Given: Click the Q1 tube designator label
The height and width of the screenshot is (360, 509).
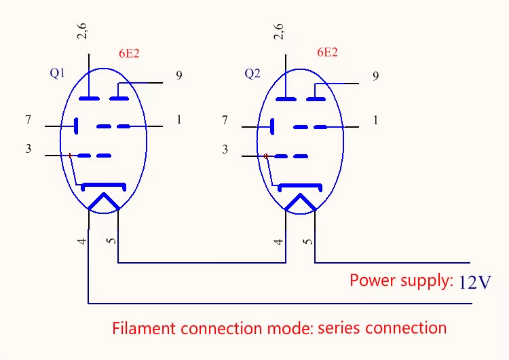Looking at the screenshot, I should (58, 73).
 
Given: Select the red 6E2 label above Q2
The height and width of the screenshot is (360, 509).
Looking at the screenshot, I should (327, 52).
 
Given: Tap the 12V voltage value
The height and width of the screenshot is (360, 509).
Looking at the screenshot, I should (475, 282).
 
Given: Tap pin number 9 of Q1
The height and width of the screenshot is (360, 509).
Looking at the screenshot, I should (178, 75).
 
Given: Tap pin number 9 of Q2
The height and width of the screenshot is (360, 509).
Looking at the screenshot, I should (375, 75).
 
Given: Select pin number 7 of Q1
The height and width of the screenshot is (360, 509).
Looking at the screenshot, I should (28, 120).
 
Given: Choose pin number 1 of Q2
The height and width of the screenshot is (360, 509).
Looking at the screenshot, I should (375, 120).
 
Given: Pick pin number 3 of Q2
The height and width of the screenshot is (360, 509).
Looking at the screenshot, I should (225, 149).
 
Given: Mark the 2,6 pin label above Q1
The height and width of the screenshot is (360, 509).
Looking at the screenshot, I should (82, 31).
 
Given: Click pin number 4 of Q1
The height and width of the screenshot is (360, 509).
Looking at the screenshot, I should (81, 240).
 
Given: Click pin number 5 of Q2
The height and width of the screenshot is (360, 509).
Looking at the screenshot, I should (308, 240).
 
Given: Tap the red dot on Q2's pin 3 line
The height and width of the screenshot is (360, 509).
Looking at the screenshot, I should (266, 156).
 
